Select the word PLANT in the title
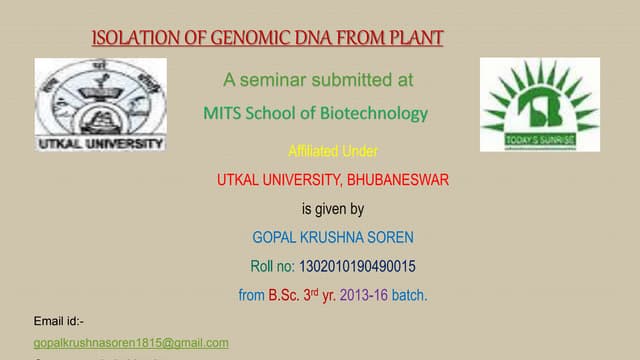[412, 39]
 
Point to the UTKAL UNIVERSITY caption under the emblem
[100, 143]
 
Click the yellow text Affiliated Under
[332, 152]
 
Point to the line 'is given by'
[332, 210]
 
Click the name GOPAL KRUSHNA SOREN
[332, 239]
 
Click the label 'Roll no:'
[272, 267]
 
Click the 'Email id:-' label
[59, 321]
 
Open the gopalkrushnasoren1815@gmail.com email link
[131, 342]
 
